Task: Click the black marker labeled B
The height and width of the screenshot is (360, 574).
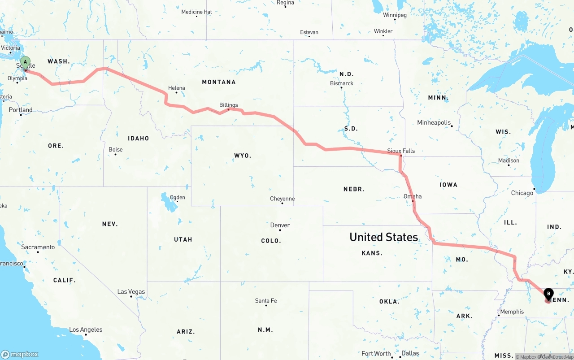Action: coord(548,294)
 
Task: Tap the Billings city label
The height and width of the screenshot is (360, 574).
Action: coord(229,105)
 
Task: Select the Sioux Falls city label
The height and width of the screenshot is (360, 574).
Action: coord(401,151)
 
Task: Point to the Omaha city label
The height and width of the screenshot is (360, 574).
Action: coord(413,196)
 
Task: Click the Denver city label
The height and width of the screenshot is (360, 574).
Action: coord(280,225)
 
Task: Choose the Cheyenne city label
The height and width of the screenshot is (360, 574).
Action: coord(282,199)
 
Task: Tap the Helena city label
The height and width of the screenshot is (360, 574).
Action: coord(176,88)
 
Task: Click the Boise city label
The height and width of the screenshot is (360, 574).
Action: coord(115,150)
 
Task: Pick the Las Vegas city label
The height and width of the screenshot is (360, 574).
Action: coord(131,291)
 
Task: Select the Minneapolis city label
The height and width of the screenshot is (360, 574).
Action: coord(434,122)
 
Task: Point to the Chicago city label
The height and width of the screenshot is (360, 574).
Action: coord(522,193)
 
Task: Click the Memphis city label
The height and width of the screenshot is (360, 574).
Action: coord(512,312)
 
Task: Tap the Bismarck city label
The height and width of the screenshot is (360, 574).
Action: coord(342,83)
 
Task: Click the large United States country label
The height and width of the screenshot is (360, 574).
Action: coord(383,237)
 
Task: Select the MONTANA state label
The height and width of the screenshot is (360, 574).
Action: coord(219,82)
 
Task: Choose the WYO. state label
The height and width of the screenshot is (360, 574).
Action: coord(243,156)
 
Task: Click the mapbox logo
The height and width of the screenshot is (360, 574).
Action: coord(20,354)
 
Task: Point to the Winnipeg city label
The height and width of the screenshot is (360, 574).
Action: coord(395,15)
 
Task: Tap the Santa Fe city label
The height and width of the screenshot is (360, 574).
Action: coord(266,300)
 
